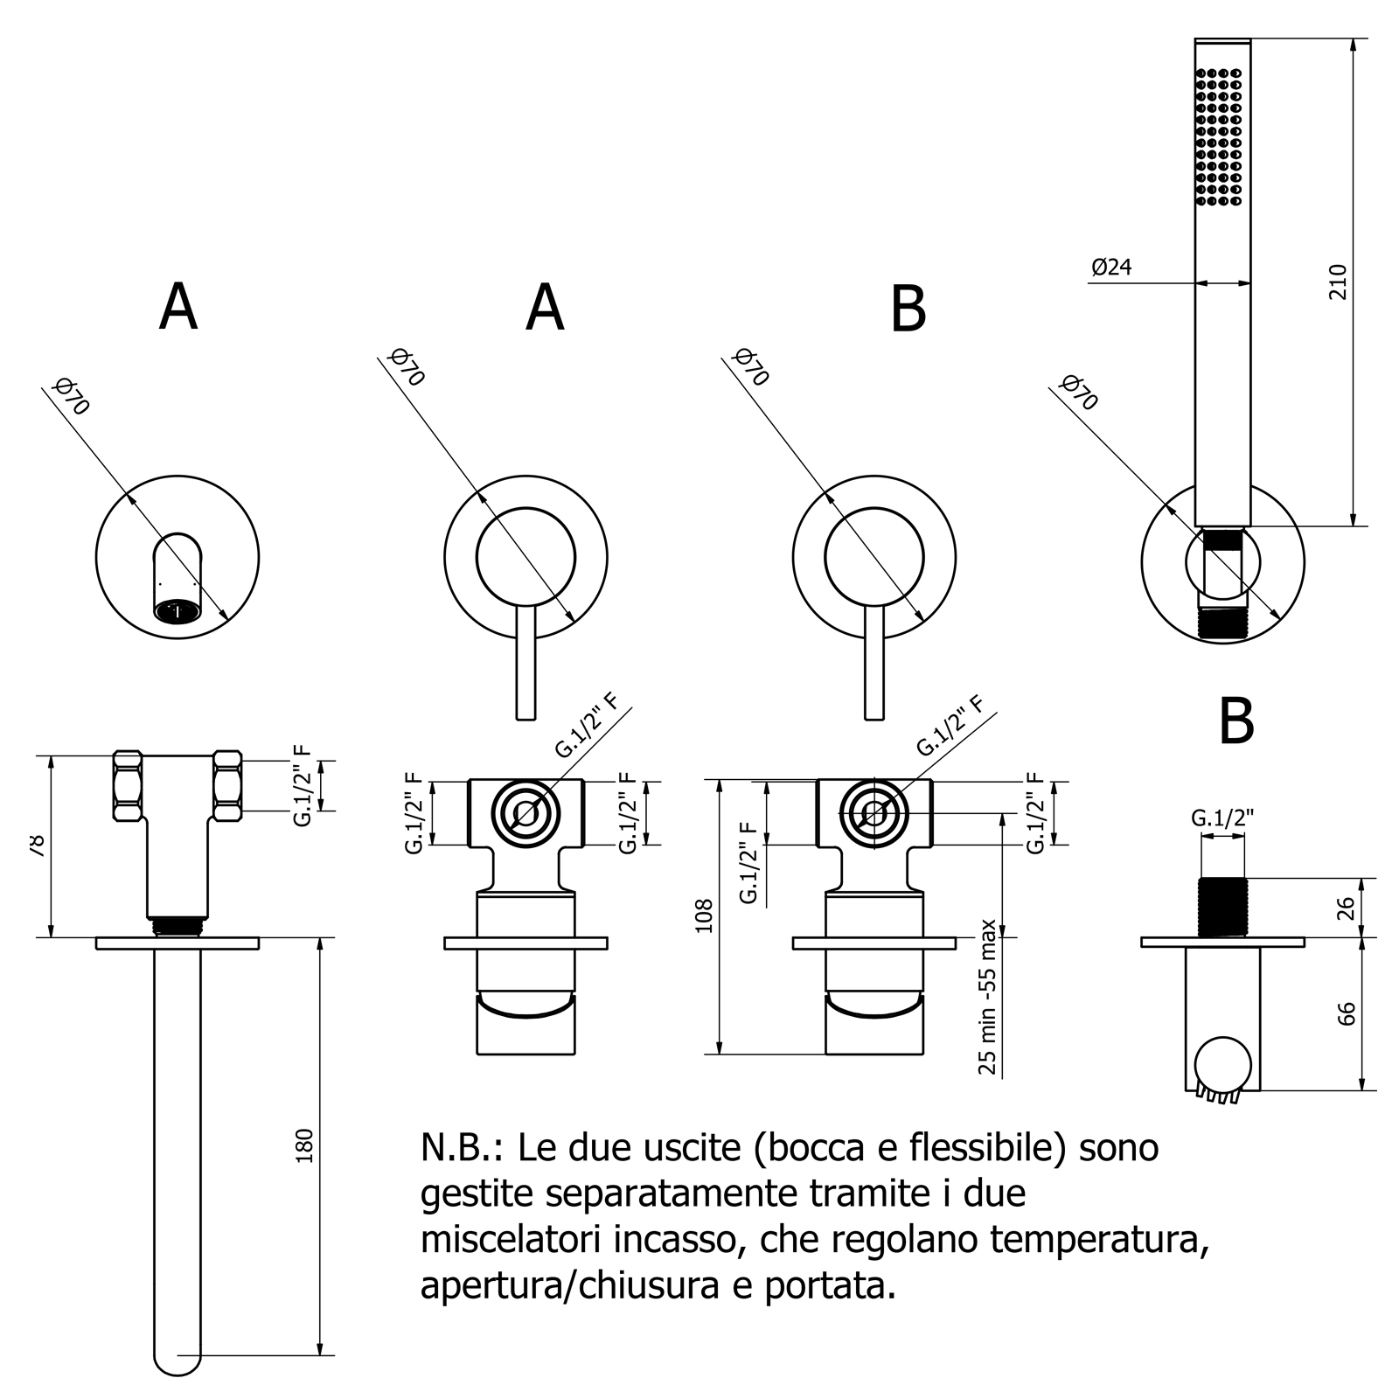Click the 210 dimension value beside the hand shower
(1338, 281)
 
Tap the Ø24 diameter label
(1111, 268)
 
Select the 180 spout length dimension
(304, 1145)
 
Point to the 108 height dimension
(705, 915)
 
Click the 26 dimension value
(1347, 908)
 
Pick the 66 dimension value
(1347, 1013)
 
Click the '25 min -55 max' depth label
(988, 996)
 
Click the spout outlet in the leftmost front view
(177, 610)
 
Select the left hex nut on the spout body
(128, 785)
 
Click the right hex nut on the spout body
(227, 785)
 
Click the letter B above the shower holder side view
(1236, 721)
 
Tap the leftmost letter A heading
(178, 308)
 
